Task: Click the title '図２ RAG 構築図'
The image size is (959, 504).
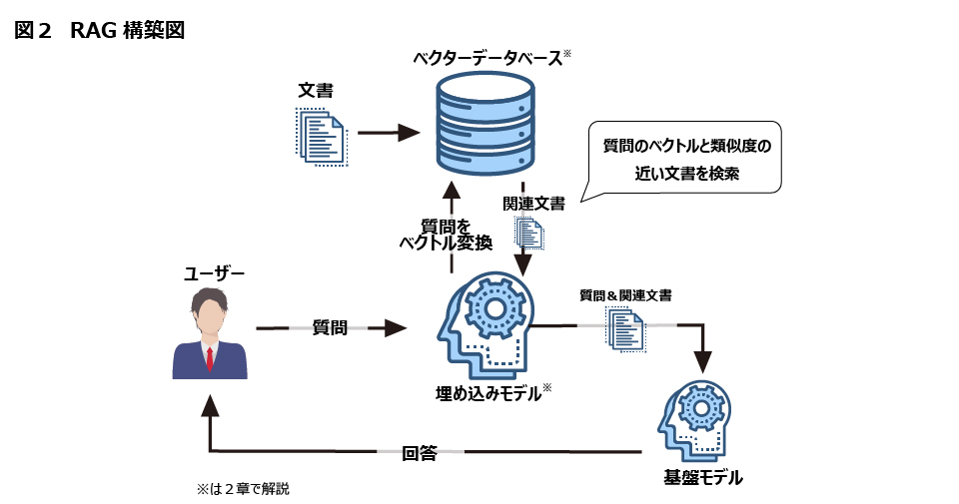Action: click(100, 29)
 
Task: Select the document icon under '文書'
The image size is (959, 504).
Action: click(321, 135)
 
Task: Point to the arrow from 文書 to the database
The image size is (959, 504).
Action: click(388, 133)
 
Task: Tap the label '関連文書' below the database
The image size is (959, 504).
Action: click(533, 204)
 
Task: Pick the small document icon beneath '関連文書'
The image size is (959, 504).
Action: click(528, 234)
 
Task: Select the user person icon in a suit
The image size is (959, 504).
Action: click(210, 334)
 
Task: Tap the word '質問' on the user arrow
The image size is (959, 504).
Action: click(330, 327)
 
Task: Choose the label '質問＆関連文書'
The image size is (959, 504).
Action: click(625, 295)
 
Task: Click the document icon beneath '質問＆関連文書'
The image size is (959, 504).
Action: click(625, 328)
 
